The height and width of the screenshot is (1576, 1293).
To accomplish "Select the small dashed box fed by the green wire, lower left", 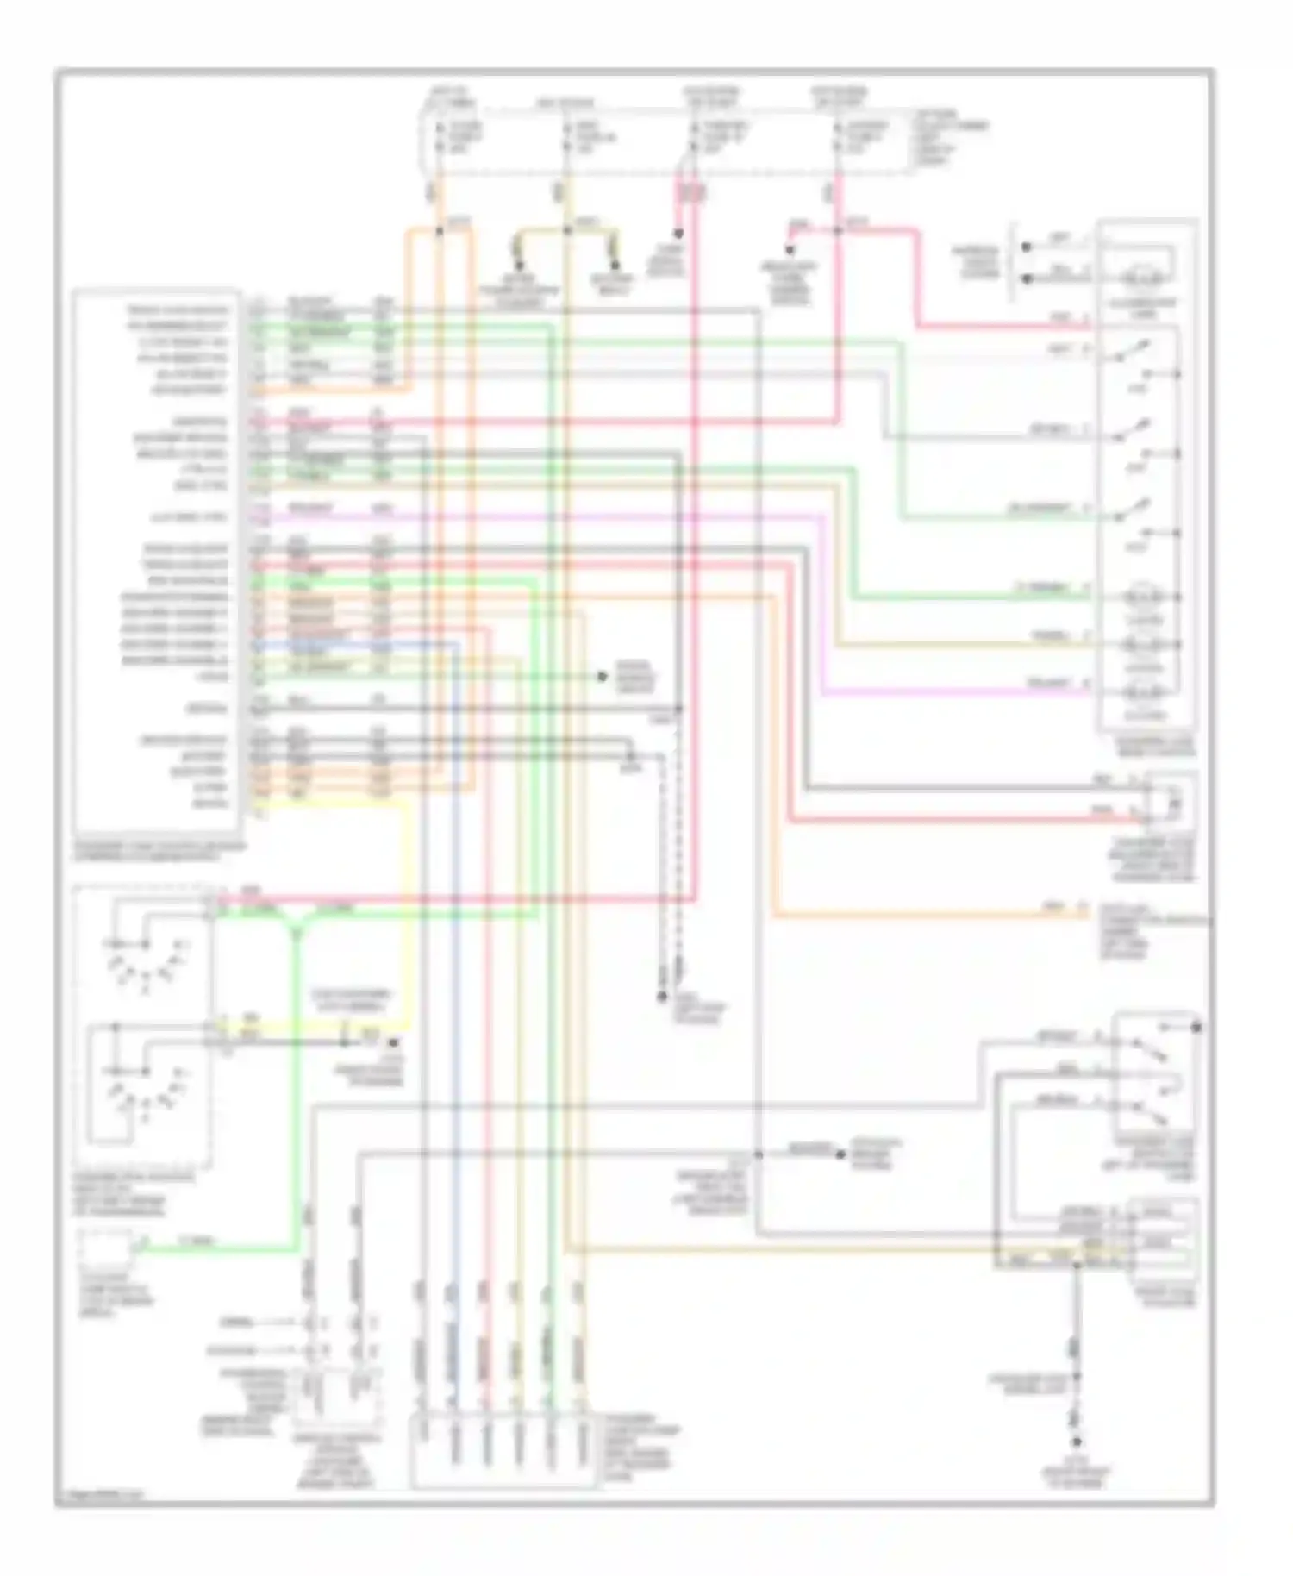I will (105, 1248).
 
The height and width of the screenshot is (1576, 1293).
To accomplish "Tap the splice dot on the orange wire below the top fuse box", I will (439, 231).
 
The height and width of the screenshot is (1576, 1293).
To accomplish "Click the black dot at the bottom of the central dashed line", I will (662, 998).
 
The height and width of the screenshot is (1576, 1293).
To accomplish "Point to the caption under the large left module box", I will (160, 853).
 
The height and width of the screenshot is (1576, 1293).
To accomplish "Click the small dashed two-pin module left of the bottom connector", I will (336, 1397).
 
